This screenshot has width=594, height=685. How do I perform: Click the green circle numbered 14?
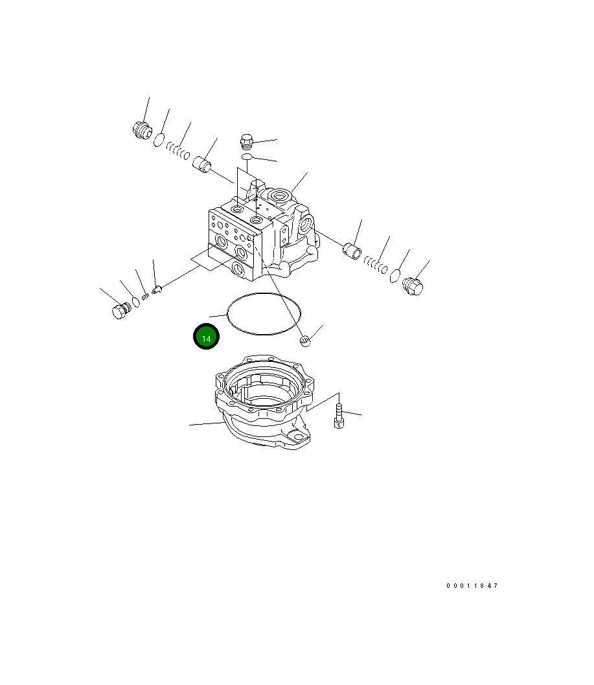206,338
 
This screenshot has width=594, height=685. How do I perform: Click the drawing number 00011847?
472,586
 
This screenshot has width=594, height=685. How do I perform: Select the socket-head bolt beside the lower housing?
338,416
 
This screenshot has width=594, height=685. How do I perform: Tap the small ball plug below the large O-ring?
306,341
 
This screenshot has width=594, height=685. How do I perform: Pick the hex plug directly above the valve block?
247,140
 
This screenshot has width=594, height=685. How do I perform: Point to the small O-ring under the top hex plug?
247,157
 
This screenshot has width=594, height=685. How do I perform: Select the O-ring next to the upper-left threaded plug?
159,139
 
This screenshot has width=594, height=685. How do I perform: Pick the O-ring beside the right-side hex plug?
394,276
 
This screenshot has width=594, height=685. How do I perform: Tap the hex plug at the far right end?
413,286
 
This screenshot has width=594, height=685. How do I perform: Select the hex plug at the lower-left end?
119,311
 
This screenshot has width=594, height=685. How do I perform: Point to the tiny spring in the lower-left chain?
146,296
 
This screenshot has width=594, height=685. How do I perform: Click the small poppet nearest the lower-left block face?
155,289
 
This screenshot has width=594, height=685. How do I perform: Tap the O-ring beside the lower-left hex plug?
136,301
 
